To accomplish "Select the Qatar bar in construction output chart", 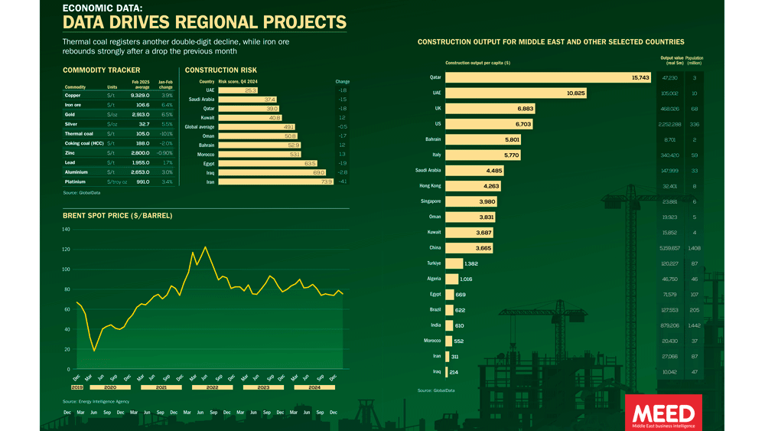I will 548,77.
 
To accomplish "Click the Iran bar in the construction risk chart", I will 276,182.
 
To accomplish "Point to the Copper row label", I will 73,96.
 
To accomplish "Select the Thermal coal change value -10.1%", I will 165,133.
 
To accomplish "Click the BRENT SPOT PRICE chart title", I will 117,216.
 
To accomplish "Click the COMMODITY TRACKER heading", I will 101,70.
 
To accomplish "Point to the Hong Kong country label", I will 429,186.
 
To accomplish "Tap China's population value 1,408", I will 694,248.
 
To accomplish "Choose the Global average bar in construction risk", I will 256,127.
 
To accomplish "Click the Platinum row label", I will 75,182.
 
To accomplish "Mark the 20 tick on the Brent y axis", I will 67,349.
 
